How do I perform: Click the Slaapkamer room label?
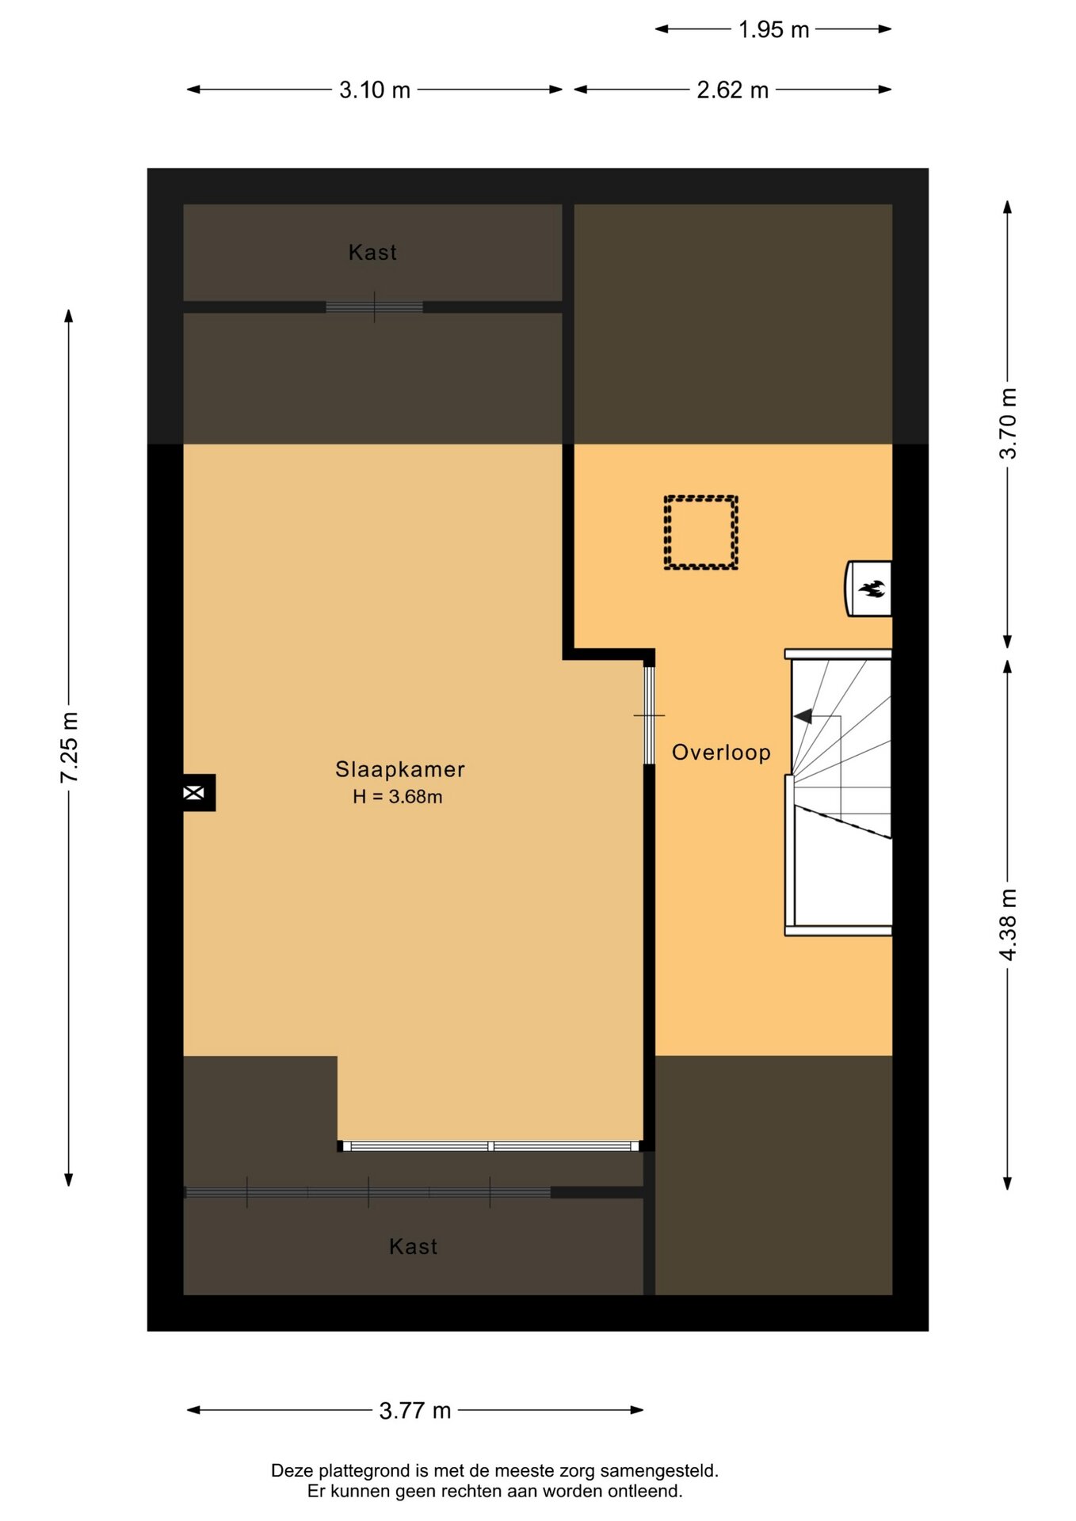tap(399, 769)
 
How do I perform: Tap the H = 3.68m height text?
tap(398, 797)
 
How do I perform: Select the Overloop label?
tap(721, 753)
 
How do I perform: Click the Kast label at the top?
tap(372, 253)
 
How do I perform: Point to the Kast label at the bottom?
tap(413, 1247)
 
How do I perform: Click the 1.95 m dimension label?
tap(773, 30)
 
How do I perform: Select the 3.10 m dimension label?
tap(375, 90)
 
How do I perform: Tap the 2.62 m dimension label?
tap(733, 90)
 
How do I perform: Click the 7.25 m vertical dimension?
tap(70, 748)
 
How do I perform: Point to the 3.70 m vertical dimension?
tap(1008, 424)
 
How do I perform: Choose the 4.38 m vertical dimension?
tap(1008, 924)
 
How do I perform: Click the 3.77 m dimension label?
tap(415, 1411)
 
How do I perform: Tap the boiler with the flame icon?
tap(868, 589)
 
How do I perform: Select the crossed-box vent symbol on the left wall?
tap(194, 792)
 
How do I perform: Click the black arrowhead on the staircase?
tap(803, 716)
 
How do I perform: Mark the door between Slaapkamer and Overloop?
tap(649, 715)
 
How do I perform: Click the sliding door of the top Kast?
tap(374, 307)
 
